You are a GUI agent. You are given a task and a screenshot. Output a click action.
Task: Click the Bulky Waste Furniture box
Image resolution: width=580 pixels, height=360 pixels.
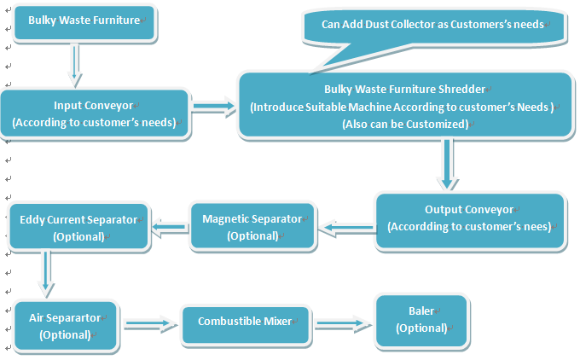pyautogui.click(x=83, y=21)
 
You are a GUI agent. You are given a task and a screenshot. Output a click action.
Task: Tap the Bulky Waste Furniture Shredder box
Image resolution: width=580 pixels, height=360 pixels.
pyautogui.click(x=404, y=106)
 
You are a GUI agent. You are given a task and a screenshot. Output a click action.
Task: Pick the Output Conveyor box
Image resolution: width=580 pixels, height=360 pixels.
pyautogui.click(x=470, y=219)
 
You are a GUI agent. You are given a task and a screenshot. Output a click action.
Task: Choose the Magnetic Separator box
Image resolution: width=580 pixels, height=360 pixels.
pyautogui.click(x=252, y=226)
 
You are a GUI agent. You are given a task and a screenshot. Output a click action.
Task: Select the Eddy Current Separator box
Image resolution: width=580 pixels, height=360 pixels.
pyautogui.click(x=78, y=228)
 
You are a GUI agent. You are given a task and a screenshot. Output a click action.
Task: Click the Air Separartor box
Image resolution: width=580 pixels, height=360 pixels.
pyautogui.click(x=66, y=326)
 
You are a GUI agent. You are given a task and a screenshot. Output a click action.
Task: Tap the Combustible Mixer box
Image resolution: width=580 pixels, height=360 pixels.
pyautogui.click(x=245, y=322)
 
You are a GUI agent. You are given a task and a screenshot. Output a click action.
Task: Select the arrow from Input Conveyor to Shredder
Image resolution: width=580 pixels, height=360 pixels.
pyautogui.click(x=214, y=107)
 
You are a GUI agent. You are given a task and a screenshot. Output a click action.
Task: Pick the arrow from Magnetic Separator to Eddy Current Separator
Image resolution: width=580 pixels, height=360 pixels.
pyautogui.click(x=170, y=226)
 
